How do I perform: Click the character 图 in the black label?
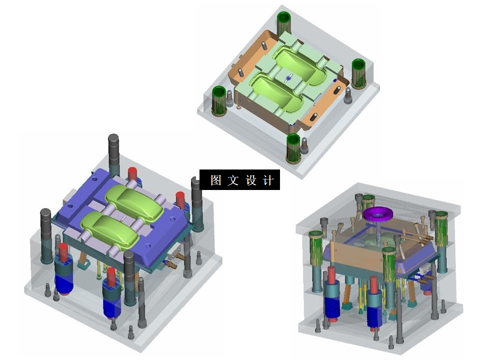[x=215, y=180]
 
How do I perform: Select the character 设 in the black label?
[x=250, y=180]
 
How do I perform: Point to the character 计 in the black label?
[x=268, y=180]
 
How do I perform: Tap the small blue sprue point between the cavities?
[x=288, y=77]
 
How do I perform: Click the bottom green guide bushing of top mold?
[x=294, y=148]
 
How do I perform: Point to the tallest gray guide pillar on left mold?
[x=113, y=155]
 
